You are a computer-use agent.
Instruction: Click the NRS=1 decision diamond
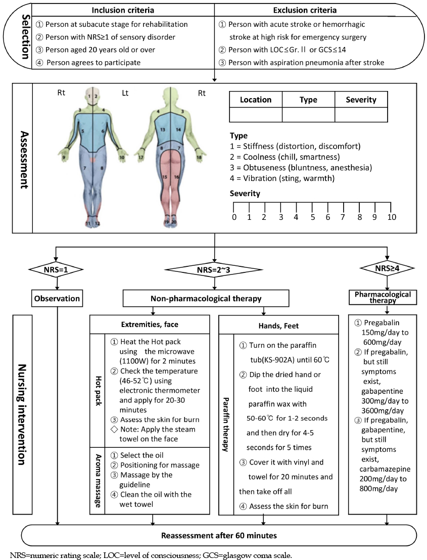click(56, 270)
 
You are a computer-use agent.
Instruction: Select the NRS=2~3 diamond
click(214, 270)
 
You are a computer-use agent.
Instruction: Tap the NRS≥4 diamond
click(388, 268)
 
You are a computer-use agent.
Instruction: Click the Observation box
click(57, 298)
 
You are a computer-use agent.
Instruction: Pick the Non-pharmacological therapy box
click(206, 298)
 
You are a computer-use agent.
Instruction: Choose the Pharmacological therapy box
click(383, 297)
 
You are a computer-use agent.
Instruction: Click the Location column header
click(256, 100)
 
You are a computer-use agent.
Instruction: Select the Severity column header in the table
click(361, 100)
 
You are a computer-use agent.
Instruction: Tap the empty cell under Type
click(308, 115)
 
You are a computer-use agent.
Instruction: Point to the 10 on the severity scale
click(392, 217)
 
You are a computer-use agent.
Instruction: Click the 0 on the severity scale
click(234, 217)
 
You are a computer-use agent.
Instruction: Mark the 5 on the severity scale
click(313, 217)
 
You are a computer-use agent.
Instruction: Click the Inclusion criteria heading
click(123, 10)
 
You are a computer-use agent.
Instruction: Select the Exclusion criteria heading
click(305, 10)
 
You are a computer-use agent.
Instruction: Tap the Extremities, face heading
click(150, 324)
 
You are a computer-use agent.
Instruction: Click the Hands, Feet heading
click(278, 325)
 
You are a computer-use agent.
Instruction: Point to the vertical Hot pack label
click(98, 390)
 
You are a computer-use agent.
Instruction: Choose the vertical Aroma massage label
click(98, 481)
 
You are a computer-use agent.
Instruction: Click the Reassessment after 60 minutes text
click(219, 535)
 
